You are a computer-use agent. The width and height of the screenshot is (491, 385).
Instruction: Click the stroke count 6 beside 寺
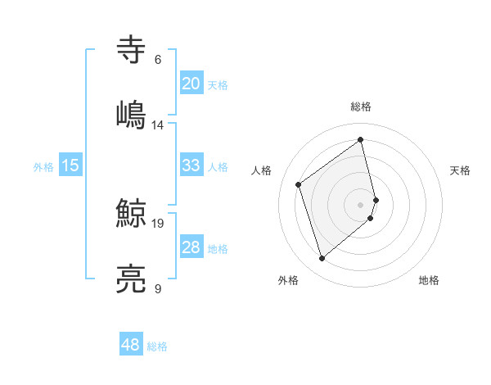[x=158, y=60]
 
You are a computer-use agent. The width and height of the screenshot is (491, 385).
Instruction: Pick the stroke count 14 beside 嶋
[x=158, y=125]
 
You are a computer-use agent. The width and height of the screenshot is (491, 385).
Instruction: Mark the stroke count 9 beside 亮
[x=158, y=289]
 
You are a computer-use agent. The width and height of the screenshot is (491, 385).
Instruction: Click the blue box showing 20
[x=191, y=84]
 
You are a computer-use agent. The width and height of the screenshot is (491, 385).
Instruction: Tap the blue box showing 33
[x=191, y=165]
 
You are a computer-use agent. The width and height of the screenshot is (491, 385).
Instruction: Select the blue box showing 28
[x=191, y=247]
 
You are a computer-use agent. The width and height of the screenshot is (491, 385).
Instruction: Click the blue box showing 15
[x=70, y=165]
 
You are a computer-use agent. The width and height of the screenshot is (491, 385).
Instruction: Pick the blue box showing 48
[x=131, y=346]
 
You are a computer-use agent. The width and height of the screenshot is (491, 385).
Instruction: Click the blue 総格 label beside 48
[x=157, y=347]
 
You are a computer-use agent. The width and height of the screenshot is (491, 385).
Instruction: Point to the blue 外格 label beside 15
[x=43, y=167]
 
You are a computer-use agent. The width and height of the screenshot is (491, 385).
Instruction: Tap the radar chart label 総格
[x=361, y=106]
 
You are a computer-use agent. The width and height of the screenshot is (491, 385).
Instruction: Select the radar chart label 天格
[x=460, y=170]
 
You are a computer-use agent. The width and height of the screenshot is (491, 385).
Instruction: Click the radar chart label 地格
[x=429, y=280]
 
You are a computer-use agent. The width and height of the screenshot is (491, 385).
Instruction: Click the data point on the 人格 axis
[x=299, y=184]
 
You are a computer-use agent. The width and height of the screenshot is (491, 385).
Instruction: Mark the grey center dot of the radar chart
[x=361, y=204]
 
